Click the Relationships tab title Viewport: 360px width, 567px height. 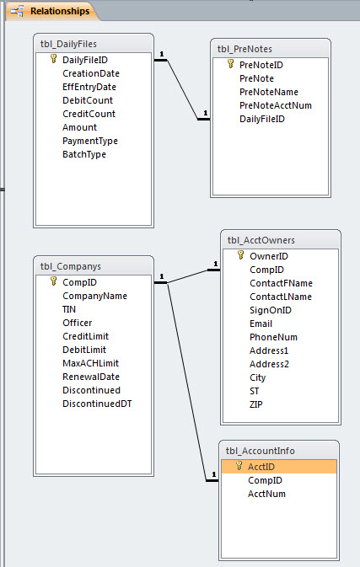click(x=60, y=11)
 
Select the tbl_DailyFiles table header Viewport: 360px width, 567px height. click(x=68, y=44)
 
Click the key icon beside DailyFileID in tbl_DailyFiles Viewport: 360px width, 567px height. click(x=54, y=59)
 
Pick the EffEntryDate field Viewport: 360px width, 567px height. click(x=89, y=87)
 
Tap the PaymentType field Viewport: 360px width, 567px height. click(x=90, y=141)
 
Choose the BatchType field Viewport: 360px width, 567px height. click(x=84, y=154)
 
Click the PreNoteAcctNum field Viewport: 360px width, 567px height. click(x=276, y=105)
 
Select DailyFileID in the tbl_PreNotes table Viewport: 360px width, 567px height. click(x=262, y=119)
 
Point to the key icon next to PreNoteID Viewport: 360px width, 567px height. click(x=230, y=64)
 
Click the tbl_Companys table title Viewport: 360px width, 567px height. click(x=71, y=266)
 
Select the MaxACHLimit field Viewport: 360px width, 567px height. click(x=90, y=363)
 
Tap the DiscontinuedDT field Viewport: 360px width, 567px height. click(x=97, y=404)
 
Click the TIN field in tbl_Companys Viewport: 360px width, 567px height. click(x=69, y=309)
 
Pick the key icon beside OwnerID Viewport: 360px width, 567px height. click(x=240, y=255)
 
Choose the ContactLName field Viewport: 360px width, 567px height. click(x=281, y=297)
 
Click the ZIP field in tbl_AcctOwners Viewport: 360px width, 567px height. click(x=255, y=404)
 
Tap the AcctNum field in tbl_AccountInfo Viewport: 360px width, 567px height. click(x=266, y=494)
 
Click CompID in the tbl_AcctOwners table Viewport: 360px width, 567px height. click(x=266, y=270)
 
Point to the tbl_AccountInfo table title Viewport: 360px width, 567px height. click(x=261, y=451)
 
